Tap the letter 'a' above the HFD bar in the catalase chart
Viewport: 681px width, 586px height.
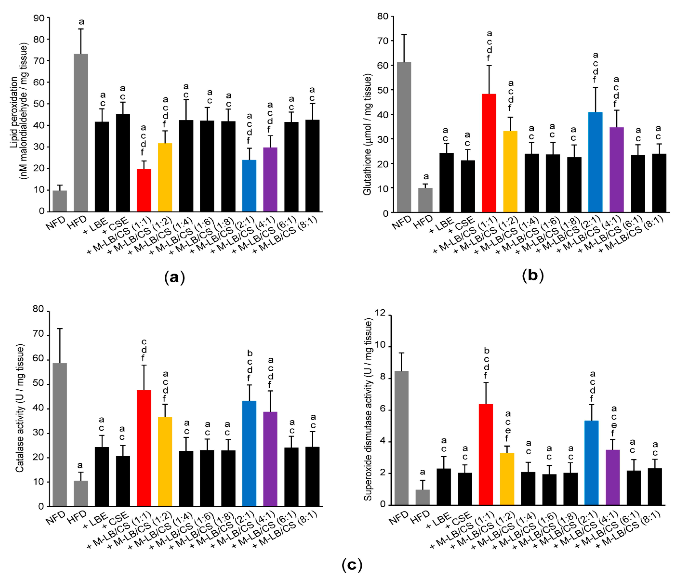pos(80,465)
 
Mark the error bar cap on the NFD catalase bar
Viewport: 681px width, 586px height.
pos(60,328)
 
